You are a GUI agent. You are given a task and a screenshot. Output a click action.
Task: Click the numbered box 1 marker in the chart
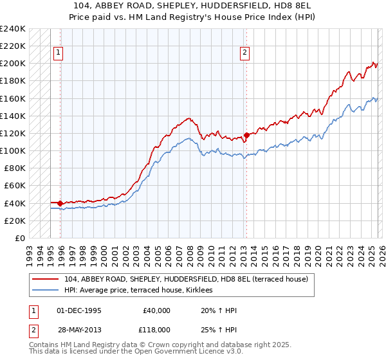coord(59,54)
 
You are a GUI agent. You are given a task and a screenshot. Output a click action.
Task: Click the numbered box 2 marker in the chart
coord(245,54)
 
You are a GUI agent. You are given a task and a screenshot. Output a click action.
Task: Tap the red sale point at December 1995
coord(60,203)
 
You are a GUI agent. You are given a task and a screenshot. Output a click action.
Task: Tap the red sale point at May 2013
coord(246,135)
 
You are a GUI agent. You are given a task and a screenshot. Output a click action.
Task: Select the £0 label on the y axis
coord(21,238)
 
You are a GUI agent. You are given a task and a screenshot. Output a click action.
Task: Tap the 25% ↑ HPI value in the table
coord(219,328)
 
